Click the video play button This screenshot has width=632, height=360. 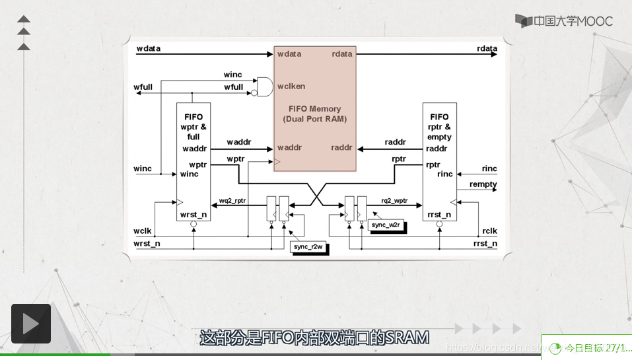30,324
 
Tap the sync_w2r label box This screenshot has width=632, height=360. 386,225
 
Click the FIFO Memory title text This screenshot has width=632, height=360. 315,108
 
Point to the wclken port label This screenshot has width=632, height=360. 291,86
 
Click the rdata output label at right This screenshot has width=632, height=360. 487,49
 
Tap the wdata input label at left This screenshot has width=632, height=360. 148,49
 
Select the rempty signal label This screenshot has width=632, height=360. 483,184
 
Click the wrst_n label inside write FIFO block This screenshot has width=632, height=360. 193,215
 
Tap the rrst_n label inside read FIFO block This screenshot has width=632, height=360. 439,215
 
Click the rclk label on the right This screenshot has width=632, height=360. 489,231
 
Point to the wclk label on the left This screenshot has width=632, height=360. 143,231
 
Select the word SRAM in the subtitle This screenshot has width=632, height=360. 407,338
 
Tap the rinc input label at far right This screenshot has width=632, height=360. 489,169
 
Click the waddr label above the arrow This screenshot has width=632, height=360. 238,142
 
